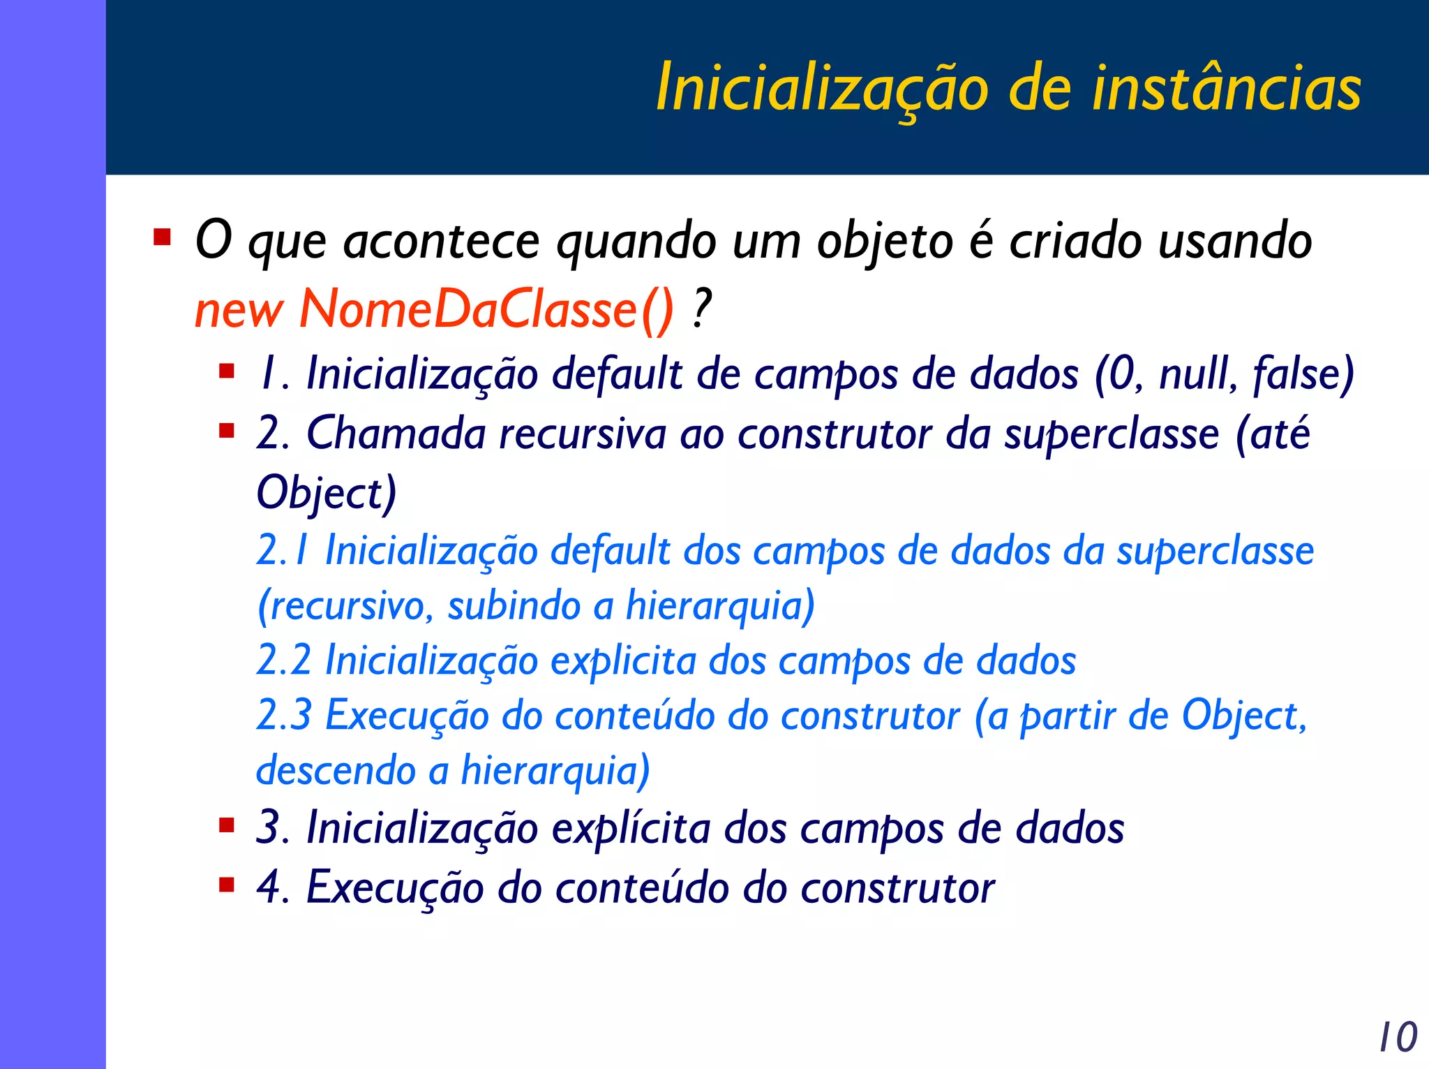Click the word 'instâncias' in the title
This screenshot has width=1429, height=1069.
[x=1226, y=89]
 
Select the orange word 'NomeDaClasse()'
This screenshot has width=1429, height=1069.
[x=486, y=309]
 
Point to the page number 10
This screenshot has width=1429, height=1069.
[x=1398, y=1037]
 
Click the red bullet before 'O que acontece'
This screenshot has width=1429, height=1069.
[x=162, y=237]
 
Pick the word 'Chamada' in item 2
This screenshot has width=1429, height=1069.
[x=396, y=434]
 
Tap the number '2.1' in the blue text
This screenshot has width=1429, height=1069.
[x=283, y=550]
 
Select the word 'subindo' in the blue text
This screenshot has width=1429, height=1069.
[x=514, y=605]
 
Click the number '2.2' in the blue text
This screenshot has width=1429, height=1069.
[x=284, y=660]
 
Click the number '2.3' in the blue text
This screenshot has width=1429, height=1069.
[x=284, y=715]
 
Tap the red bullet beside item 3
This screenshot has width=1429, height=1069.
[x=226, y=826]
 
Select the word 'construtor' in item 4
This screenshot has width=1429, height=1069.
[x=897, y=888]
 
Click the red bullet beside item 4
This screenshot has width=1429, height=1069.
[x=226, y=885]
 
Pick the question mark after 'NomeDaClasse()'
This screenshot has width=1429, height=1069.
[x=701, y=309]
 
